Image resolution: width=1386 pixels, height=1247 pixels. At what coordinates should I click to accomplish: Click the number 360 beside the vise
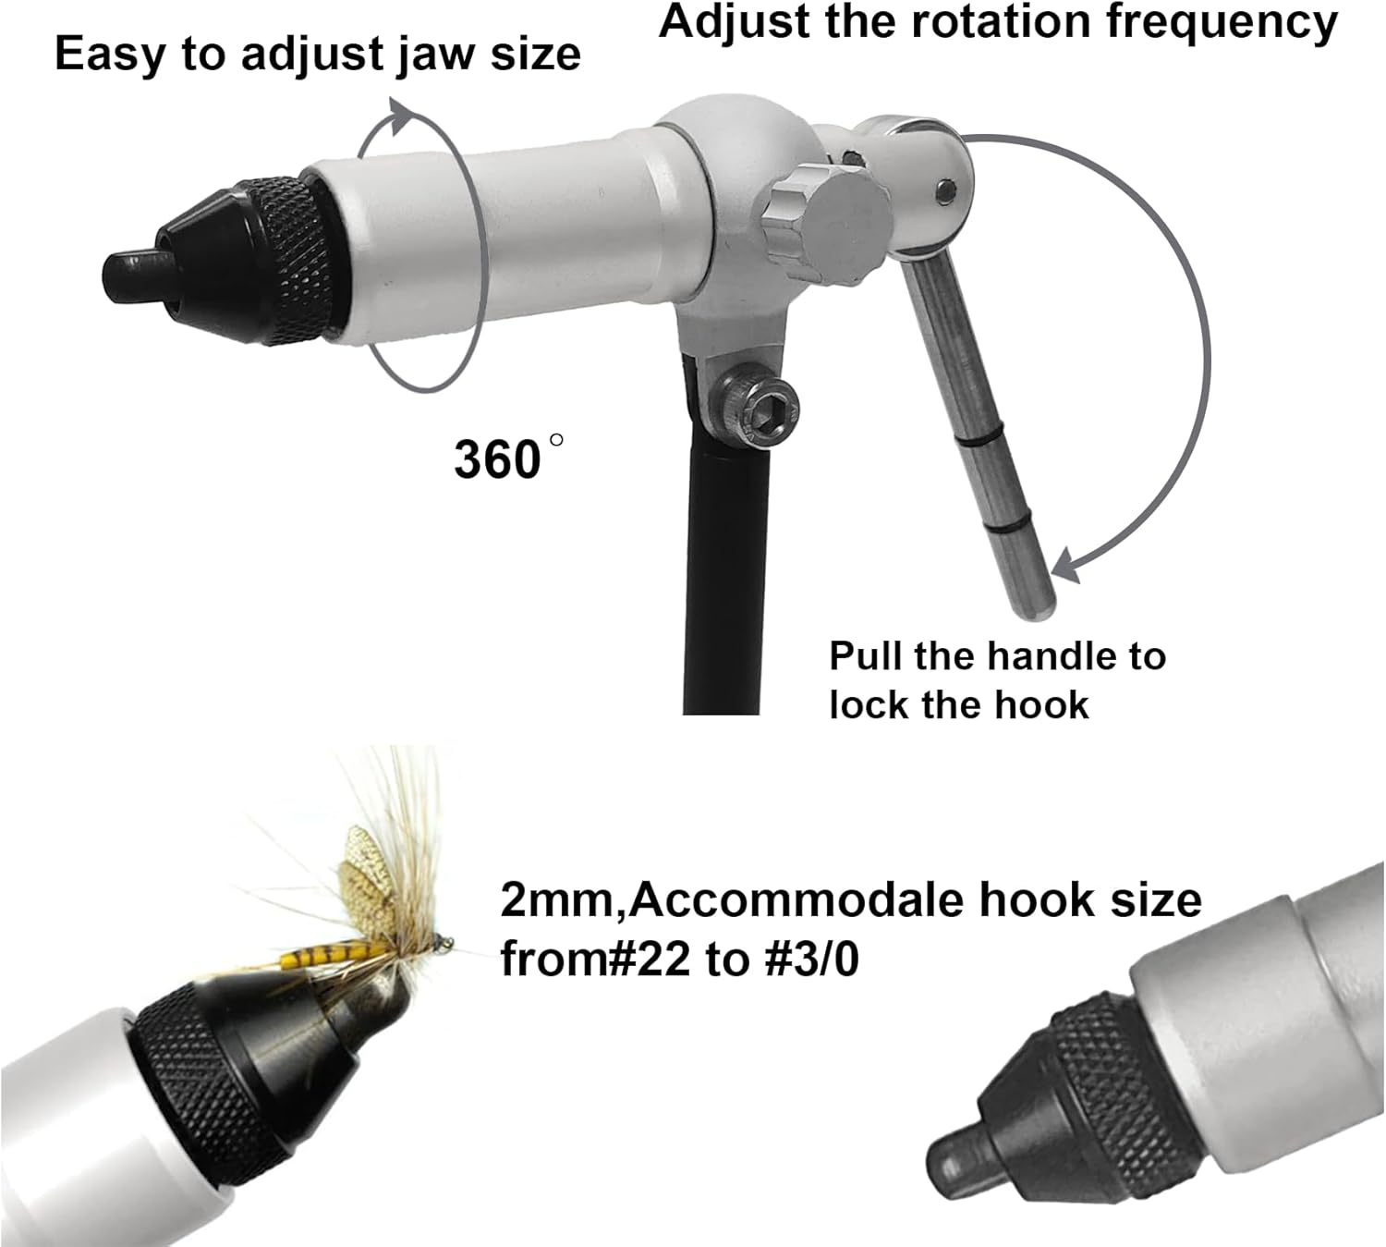coord(496,458)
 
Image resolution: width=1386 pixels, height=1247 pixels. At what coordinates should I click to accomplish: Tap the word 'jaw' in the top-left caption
coord(436,54)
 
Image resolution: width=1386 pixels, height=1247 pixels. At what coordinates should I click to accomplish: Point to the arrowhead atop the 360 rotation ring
coord(403,116)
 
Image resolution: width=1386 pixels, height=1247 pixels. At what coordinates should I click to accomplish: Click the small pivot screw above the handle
coord(943,190)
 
